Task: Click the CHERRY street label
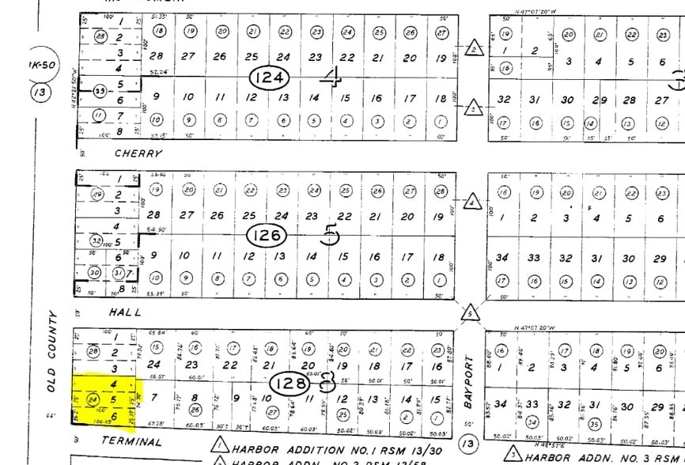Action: click(138, 153)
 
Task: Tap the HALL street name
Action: click(126, 312)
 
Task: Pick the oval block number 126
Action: click(267, 235)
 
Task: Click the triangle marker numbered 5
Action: click(471, 314)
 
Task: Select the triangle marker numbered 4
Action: click(472, 201)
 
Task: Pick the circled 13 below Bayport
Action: click(469, 444)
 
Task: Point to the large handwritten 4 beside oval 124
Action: click(331, 77)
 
